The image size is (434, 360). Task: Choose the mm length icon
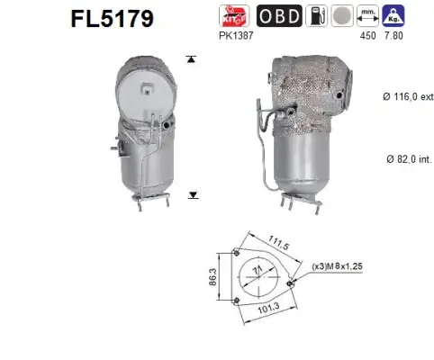click(x=367, y=15)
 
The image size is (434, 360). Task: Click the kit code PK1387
click(x=235, y=35)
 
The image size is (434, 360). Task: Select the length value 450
click(x=367, y=35)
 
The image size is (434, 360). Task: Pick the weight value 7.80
click(x=393, y=35)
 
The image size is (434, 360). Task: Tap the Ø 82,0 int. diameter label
click(x=398, y=157)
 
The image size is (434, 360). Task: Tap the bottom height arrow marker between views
click(x=191, y=193)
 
